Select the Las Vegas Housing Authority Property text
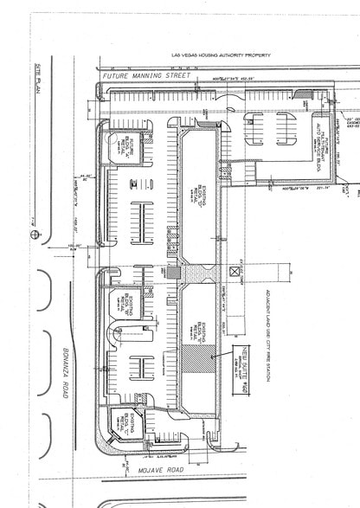(x=210, y=55)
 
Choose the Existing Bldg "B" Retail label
(x=127, y=306)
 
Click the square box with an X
(x=233, y=269)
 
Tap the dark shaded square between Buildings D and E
(x=173, y=272)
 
